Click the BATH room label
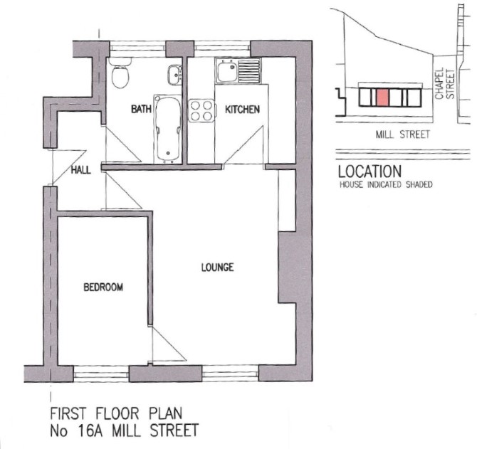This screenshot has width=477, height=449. click(141, 109)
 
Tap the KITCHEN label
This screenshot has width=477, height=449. click(242, 110)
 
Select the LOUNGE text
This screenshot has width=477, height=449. click(218, 268)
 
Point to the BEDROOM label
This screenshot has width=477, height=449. click(103, 287)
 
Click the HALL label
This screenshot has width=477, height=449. click(81, 170)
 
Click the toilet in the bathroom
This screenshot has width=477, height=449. click(120, 73)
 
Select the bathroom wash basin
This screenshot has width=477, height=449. click(174, 75)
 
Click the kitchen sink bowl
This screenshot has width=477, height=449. click(227, 71)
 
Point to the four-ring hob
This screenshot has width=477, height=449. click(201, 111)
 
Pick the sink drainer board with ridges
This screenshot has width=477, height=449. click(249, 71)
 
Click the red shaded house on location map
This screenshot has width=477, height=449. click(382, 97)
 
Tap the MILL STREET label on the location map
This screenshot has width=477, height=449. click(402, 134)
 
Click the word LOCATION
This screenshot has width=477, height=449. click(370, 171)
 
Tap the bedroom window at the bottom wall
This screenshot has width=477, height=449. click(101, 374)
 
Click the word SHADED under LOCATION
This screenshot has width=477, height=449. click(419, 184)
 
